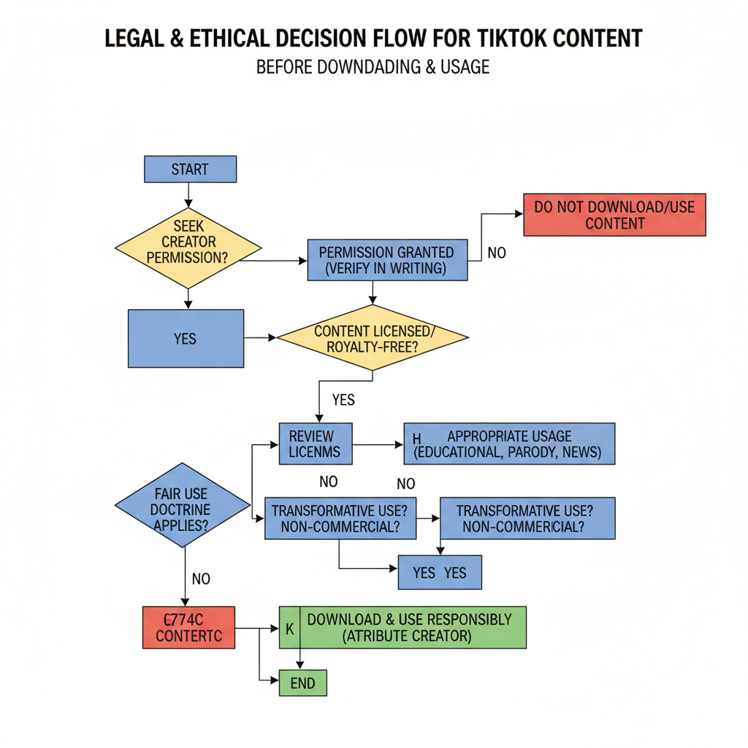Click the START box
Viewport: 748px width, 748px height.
(190, 169)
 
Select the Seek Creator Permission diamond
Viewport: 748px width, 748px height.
(188, 242)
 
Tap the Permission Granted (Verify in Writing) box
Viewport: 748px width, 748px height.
(386, 260)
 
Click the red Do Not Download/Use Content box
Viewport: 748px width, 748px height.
(614, 215)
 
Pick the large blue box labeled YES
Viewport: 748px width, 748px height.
(186, 339)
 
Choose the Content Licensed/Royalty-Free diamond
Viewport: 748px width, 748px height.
(373, 338)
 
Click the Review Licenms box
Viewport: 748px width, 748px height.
(316, 443)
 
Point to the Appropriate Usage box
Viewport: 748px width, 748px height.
(509, 443)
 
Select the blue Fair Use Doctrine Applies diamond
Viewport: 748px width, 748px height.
(182, 505)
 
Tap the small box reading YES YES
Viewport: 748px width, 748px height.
(440, 572)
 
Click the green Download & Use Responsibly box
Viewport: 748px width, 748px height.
(402, 627)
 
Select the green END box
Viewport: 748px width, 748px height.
(302, 683)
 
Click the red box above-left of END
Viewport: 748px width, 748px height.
(188, 627)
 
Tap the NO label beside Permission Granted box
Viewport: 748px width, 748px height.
(497, 253)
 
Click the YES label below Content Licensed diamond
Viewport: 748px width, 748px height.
(343, 400)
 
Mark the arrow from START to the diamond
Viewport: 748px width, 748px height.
(189, 194)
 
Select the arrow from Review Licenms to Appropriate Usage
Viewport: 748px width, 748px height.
(378, 443)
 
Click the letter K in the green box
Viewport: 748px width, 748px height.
(289, 627)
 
